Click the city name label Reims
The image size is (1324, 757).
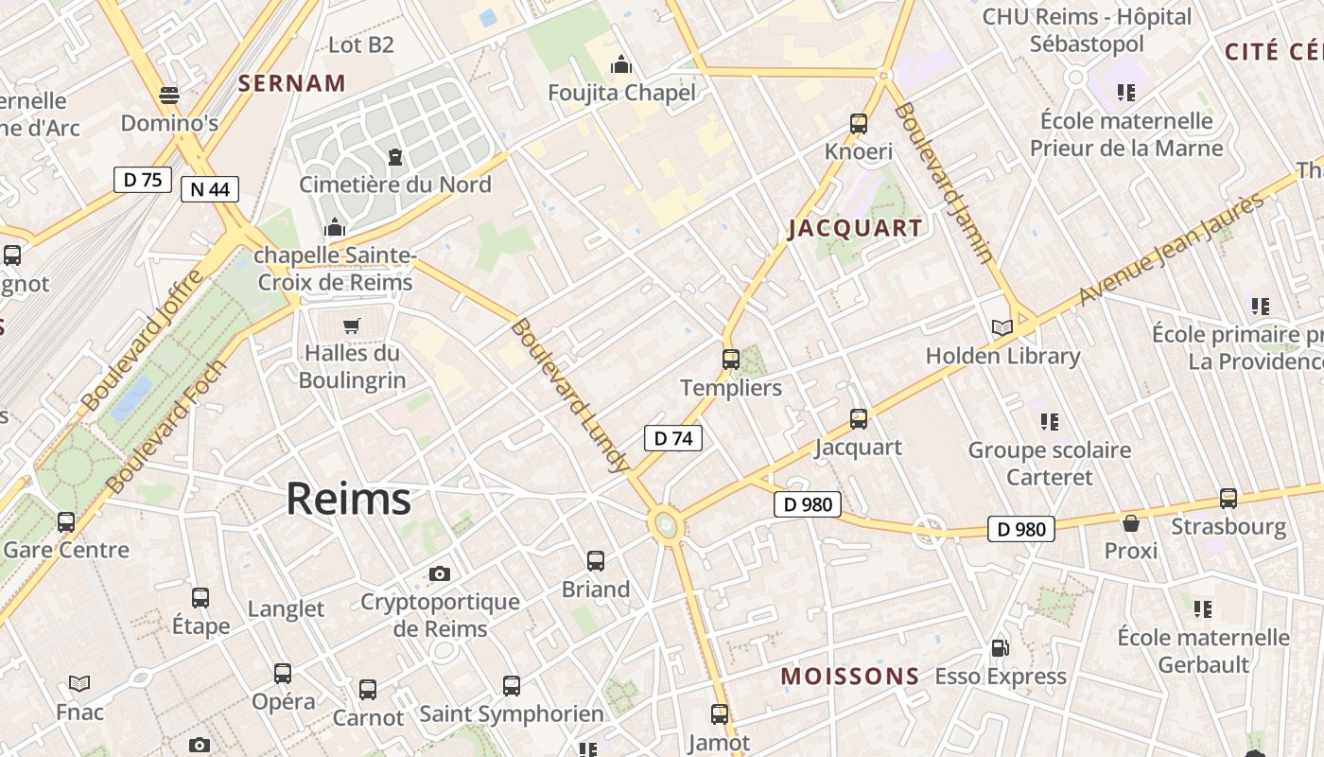[x=348, y=499]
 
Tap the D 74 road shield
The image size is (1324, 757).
[x=673, y=438]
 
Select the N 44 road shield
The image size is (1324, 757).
[x=209, y=189]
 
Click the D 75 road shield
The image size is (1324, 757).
[x=142, y=180]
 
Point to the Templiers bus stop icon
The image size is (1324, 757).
[x=731, y=360]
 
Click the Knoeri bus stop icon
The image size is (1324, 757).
[x=859, y=124]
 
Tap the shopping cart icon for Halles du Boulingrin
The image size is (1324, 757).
[x=352, y=326]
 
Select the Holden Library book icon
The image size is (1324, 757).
[x=1002, y=328]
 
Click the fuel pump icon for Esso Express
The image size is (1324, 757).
[x=1000, y=649]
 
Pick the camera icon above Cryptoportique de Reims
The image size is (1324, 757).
[x=440, y=573]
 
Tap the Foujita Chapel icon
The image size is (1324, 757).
[x=621, y=65]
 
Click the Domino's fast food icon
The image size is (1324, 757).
[x=169, y=96]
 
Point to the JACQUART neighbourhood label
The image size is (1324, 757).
[x=855, y=228]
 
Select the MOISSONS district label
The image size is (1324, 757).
[x=849, y=676]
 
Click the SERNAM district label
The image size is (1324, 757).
[x=292, y=83]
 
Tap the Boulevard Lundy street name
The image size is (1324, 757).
[x=569, y=396]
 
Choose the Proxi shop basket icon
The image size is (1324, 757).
[x=1131, y=523]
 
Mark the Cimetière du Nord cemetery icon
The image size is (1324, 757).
[x=395, y=156]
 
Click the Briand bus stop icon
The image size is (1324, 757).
[x=596, y=561]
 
